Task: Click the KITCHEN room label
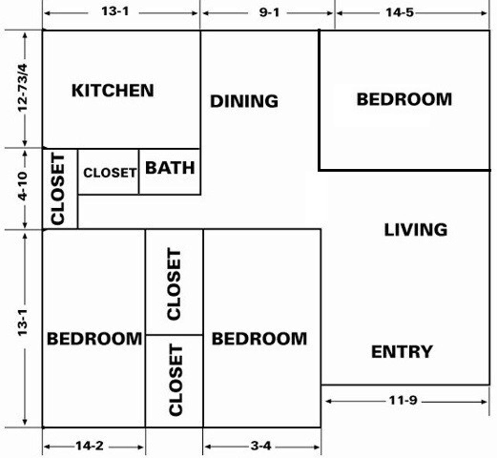(x=113, y=90)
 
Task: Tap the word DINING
(x=244, y=101)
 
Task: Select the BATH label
(x=170, y=168)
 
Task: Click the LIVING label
(x=416, y=230)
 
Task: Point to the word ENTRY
(x=402, y=352)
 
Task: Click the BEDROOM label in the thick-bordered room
(x=404, y=99)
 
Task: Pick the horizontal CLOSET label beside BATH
(x=110, y=173)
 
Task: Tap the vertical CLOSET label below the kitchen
(x=58, y=189)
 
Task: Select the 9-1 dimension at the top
(x=269, y=12)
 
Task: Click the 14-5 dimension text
(x=399, y=12)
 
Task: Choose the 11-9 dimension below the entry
(x=403, y=400)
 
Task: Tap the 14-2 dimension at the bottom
(x=89, y=446)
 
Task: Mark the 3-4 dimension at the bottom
(x=261, y=446)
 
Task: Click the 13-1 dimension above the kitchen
(x=115, y=11)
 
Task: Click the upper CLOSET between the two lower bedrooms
(x=174, y=284)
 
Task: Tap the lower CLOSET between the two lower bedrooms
(x=176, y=380)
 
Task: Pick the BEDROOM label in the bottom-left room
(x=94, y=339)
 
